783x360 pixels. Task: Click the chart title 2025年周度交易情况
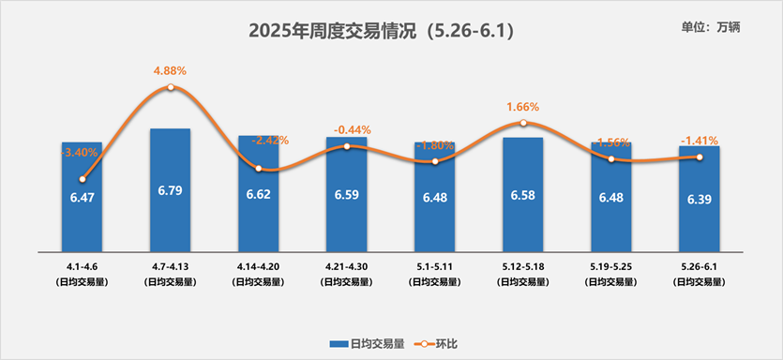click(381, 31)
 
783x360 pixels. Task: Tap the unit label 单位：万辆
click(712, 27)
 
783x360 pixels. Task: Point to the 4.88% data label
click(170, 70)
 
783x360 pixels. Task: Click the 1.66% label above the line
click(522, 107)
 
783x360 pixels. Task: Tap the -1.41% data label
click(699, 142)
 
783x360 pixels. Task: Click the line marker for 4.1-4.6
click(83, 179)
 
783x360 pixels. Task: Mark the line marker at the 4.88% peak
click(170, 87)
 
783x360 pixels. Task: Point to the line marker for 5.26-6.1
click(699, 157)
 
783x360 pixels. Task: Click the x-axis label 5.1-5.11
click(434, 267)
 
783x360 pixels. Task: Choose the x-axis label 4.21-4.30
click(347, 267)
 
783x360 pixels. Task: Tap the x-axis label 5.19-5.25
click(610, 267)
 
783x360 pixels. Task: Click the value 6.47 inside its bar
click(83, 197)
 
